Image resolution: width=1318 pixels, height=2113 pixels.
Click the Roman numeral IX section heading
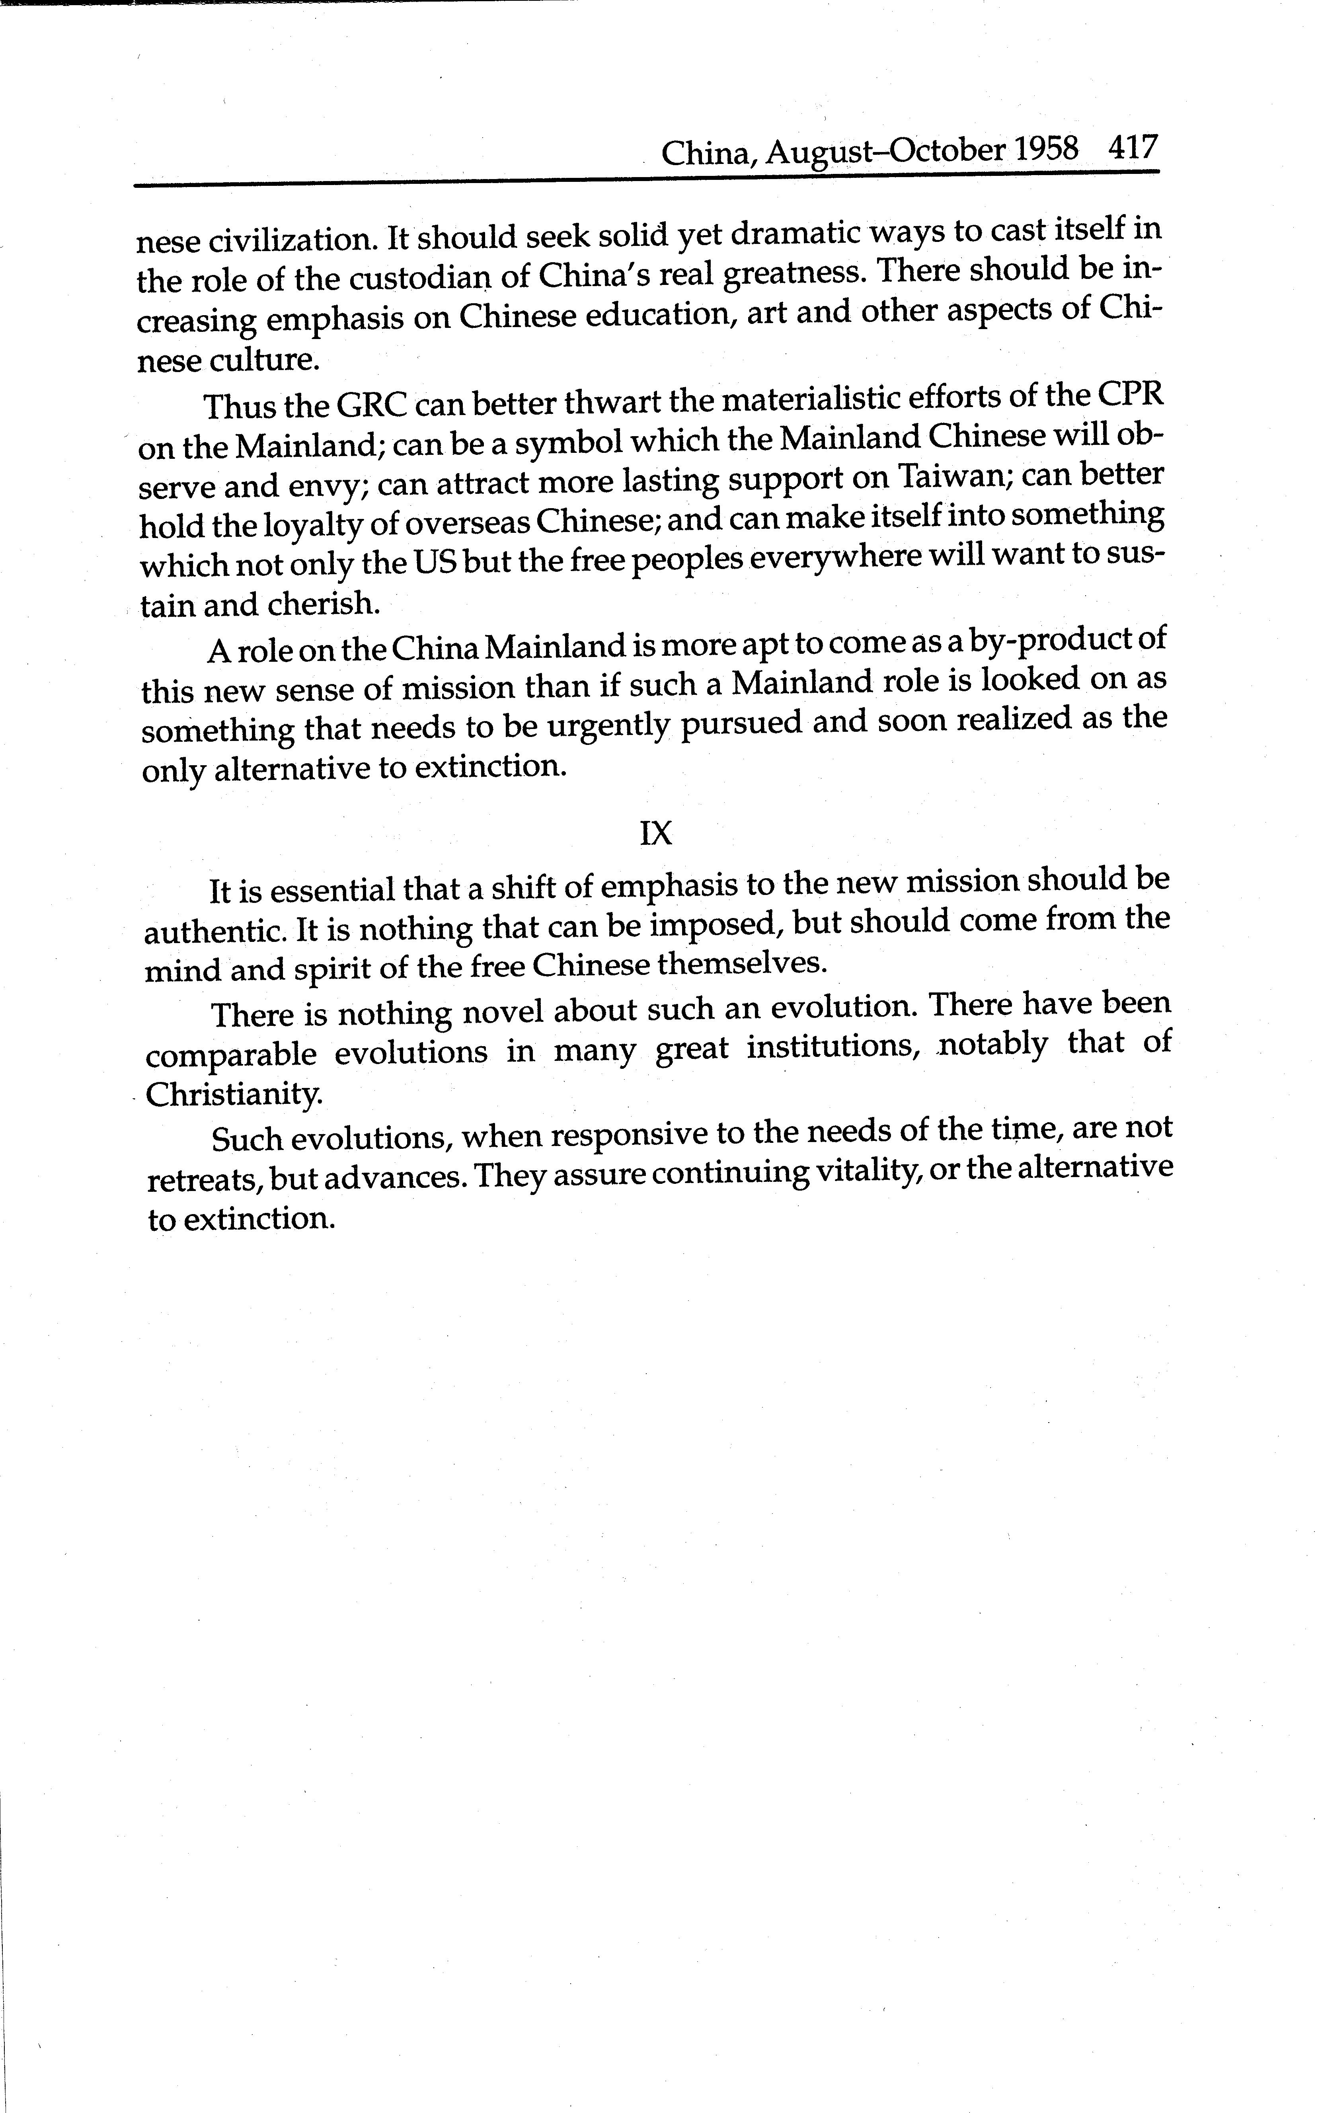(x=655, y=834)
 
